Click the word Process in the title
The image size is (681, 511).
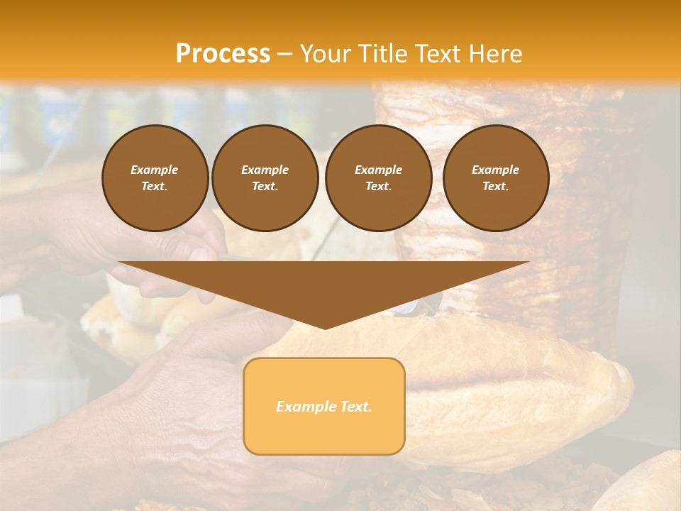pyautogui.click(x=223, y=54)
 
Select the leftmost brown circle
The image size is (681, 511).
pyautogui.click(x=155, y=178)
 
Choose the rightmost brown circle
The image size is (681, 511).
pyautogui.click(x=496, y=178)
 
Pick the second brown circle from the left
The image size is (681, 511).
pyautogui.click(x=265, y=178)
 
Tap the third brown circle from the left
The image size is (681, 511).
pyautogui.click(x=379, y=178)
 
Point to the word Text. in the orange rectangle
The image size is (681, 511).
pyautogui.click(x=355, y=407)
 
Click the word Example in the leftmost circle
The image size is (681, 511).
pyautogui.click(x=155, y=170)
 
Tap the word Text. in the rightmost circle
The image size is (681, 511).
pyautogui.click(x=496, y=187)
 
